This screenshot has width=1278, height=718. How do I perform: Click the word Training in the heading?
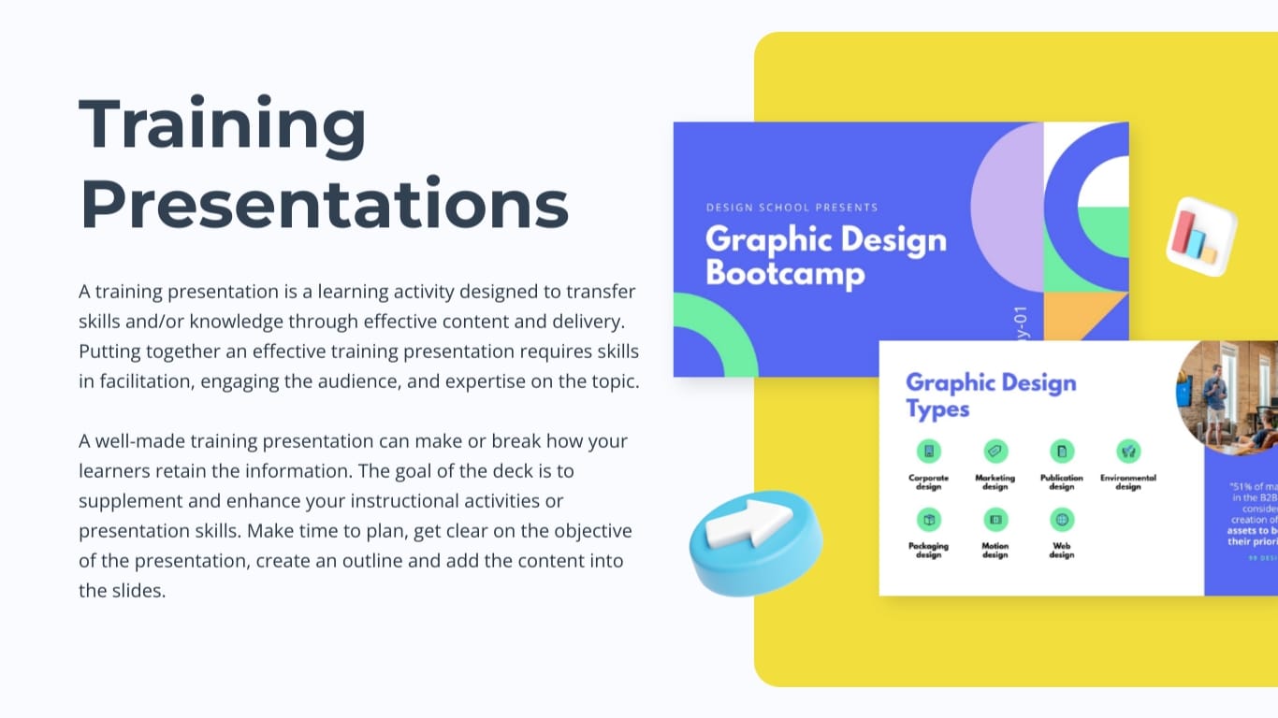point(223,126)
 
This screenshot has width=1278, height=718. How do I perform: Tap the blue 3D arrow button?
point(756,542)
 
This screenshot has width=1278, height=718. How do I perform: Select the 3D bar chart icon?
point(1200,236)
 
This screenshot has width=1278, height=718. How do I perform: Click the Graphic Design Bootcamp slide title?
point(825,256)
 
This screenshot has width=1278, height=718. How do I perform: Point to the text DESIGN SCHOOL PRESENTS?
point(791,208)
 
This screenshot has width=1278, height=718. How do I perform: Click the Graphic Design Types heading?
point(990,395)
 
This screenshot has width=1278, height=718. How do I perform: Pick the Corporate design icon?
point(928,452)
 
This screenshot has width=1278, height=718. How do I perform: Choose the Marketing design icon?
point(995,452)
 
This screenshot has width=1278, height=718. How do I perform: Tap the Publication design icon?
point(1061,452)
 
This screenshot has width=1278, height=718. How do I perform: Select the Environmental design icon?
point(1128,452)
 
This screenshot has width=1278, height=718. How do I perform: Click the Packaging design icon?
point(928,520)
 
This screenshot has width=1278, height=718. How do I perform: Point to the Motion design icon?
point(995,520)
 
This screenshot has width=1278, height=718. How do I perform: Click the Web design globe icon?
point(1061,520)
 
